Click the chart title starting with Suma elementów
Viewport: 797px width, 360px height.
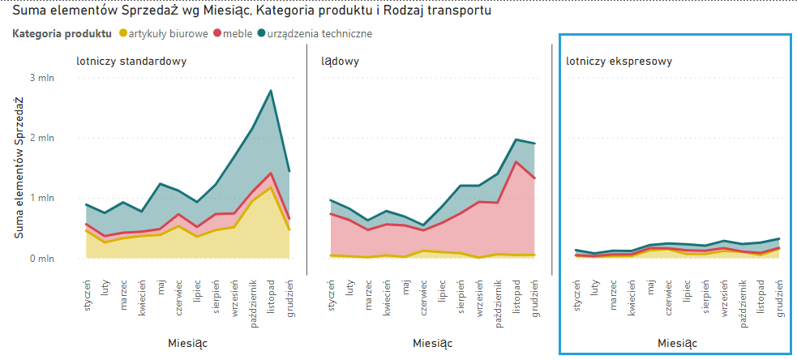[x=251, y=11]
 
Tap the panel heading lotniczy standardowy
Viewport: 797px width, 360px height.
[x=132, y=61]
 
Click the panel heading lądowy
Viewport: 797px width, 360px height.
[x=340, y=61]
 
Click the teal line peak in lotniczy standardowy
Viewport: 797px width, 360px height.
[x=271, y=91]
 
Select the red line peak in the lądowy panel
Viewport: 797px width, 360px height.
[x=516, y=161]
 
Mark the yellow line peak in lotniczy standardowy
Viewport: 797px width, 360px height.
[x=271, y=188]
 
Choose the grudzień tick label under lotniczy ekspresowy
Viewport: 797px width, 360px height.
[x=780, y=295]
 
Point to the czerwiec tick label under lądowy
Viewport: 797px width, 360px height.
[x=423, y=295]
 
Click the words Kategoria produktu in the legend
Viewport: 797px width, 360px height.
[x=62, y=34]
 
